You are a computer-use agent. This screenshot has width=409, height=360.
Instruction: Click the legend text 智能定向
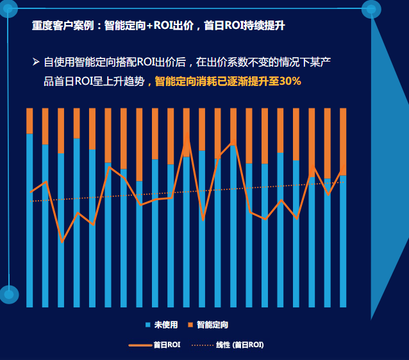click(212, 325)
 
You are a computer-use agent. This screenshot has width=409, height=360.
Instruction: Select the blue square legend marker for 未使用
click(147, 325)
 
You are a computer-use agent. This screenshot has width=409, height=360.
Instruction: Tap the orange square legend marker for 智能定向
click(190, 325)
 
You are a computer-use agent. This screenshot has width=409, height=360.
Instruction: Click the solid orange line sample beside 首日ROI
click(140, 345)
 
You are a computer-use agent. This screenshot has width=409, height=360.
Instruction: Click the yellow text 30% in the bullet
click(289, 81)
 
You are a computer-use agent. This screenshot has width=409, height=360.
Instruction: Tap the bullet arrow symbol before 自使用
click(36, 62)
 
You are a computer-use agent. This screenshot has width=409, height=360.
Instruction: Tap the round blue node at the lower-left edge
click(8, 294)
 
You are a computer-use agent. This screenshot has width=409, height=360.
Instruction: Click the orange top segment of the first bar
click(29, 121)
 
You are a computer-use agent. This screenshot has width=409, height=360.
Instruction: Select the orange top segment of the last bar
click(343, 141)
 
